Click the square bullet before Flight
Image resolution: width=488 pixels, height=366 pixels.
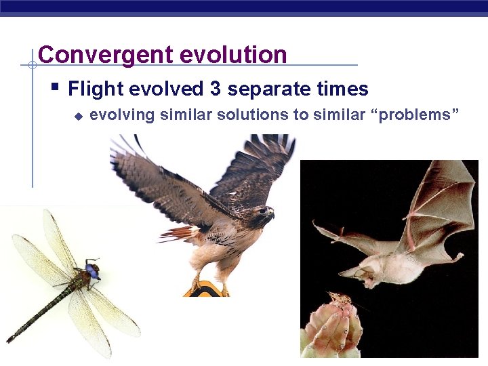[x=55, y=88]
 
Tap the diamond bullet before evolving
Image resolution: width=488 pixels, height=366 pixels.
[x=77, y=116]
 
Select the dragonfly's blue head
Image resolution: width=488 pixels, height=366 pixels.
[x=92, y=271]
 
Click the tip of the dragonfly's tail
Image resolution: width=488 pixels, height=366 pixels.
[x=10, y=338]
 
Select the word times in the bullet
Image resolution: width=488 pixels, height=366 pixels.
[x=343, y=89]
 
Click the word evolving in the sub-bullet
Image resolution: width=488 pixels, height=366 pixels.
[x=123, y=115]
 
